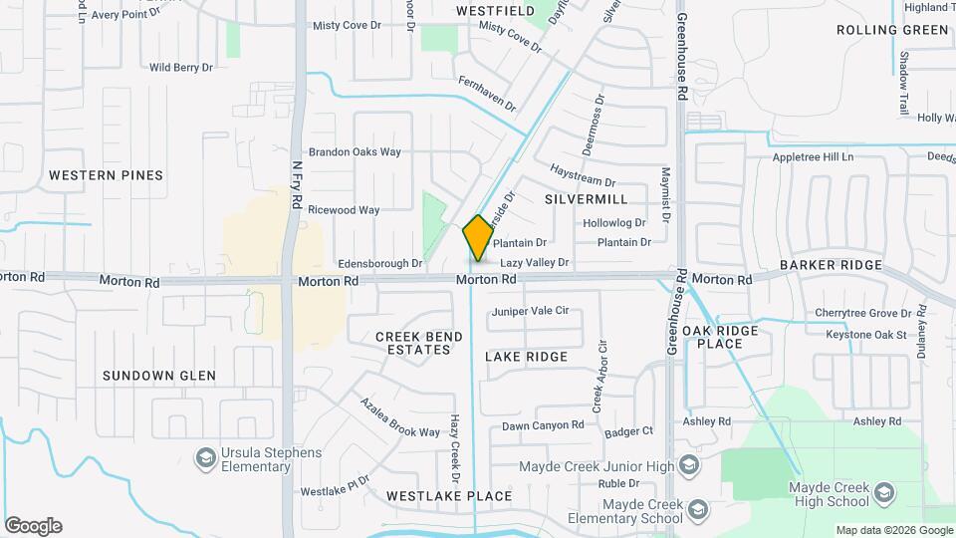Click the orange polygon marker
click(477, 239)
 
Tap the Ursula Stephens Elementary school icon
click(206, 459)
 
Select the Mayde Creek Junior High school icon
click(688, 466)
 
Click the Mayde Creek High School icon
click(882, 493)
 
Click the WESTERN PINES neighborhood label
click(106, 175)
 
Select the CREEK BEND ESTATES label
click(418, 344)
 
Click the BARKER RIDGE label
click(832, 265)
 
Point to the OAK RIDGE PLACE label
click(720, 337)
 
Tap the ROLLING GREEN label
click(893, 30)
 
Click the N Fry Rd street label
click(297, 185)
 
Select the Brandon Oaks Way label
click(355, 152)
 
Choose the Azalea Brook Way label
click(400, 417)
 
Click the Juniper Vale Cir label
click(530, 311)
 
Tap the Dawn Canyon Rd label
click(543, 425)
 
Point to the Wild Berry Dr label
click(181, 68)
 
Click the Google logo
click(33, 526)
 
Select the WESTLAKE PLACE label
click(449, 496)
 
